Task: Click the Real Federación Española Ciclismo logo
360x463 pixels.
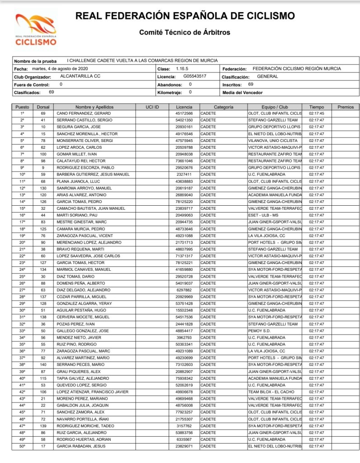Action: [36, 29]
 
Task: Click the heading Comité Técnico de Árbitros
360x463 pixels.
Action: [185, 33]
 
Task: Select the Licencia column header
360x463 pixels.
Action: [184, 107]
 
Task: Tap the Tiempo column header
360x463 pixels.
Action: [317, 107]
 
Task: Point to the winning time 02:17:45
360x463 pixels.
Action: [317, 113]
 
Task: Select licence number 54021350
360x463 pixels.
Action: [184, 120]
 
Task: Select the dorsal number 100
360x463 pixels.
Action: [43, 154]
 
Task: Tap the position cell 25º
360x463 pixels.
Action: [22, 276]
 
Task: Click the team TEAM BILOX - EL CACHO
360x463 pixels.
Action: [271, 392]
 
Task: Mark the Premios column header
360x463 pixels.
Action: [346, 107]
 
